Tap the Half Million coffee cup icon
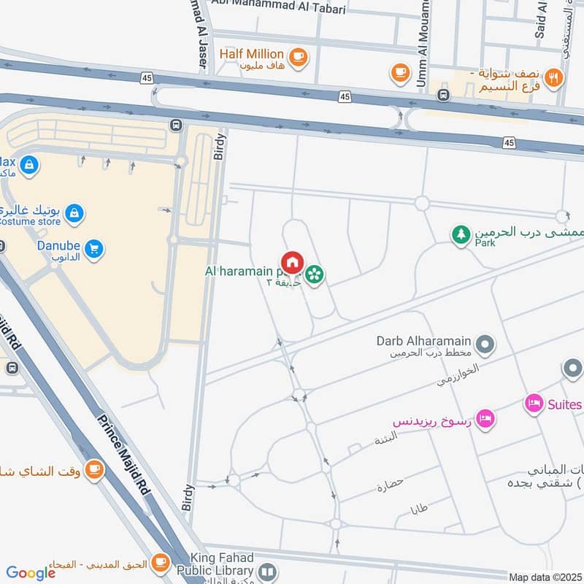point(297,55)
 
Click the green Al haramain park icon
point(315,274)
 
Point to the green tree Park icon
point(461,235)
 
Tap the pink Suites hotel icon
point(534,404)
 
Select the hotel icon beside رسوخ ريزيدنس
point(485,418)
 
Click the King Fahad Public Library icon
point(268,572)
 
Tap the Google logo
point(31,573)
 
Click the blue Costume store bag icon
point(74,214)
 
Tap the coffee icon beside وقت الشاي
point(94,469)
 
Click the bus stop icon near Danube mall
point(175,125)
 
